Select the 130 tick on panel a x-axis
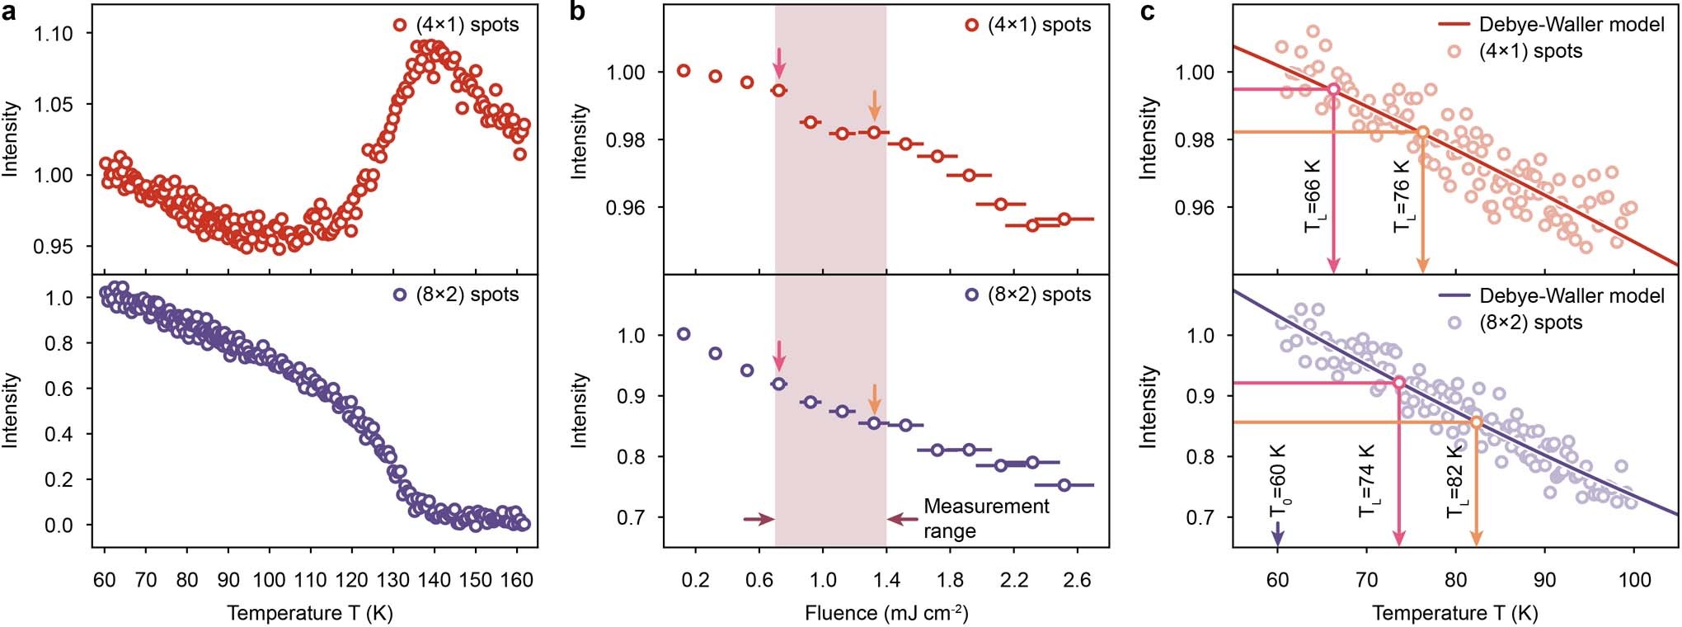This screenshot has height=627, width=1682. [392, 580]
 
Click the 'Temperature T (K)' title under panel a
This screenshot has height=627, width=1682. [310, 613]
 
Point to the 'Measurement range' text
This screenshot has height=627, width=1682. [985, 518]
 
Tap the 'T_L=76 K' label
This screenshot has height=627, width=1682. [1402, 206]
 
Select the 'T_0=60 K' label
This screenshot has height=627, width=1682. [1278, 482]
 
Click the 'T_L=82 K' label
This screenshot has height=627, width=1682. [1455, 482]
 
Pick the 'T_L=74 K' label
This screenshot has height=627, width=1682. [1367, 482]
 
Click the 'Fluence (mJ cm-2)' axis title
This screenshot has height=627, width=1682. [886, 613]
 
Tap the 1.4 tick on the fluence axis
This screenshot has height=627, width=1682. [886, 580]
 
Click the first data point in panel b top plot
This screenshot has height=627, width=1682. [684, 71]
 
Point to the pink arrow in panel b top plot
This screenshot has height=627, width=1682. [778, 63]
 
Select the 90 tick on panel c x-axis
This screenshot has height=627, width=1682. [1545, 580]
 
